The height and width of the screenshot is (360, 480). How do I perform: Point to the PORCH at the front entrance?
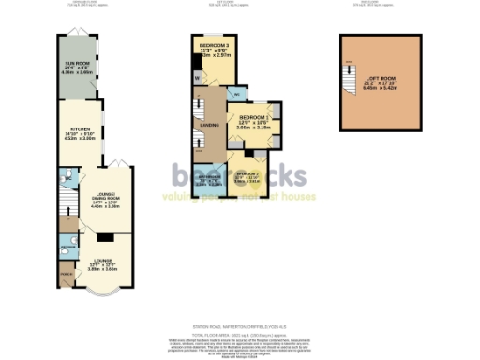coord(64,275)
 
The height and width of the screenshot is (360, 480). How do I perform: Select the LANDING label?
coord(209,124)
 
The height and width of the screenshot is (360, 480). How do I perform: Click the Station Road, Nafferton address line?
coord(238,320)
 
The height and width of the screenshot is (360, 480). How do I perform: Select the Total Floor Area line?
coord(238,333)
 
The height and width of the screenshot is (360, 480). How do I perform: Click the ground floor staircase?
coord(64,199)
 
